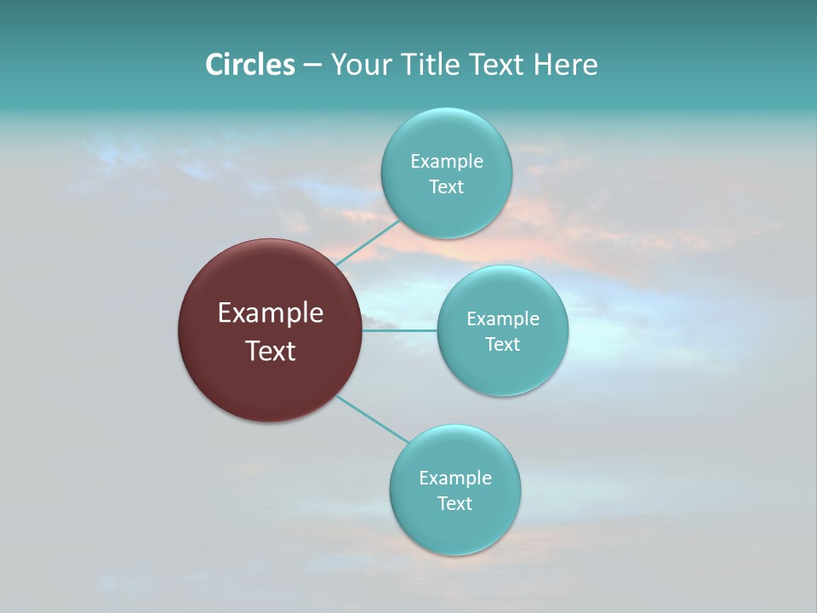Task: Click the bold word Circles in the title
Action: (x=250, y=65)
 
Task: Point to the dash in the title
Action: (x=311, y=66)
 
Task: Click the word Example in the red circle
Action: (x=271, y=313)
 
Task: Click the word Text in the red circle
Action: (x=271, y=351)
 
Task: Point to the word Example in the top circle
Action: (x=447, y=161)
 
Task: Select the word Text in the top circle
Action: (x=446, y=186)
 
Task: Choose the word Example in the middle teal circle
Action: (x=503, y=318)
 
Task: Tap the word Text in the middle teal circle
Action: (x=502, y=344)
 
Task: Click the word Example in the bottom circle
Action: (x=455, y=478)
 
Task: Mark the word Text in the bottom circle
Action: (x=454, y=503)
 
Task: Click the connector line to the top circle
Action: (x=368, y=243)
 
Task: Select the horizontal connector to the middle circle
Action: (x=400, y=329)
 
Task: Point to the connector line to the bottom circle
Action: (x=373, y=419)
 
